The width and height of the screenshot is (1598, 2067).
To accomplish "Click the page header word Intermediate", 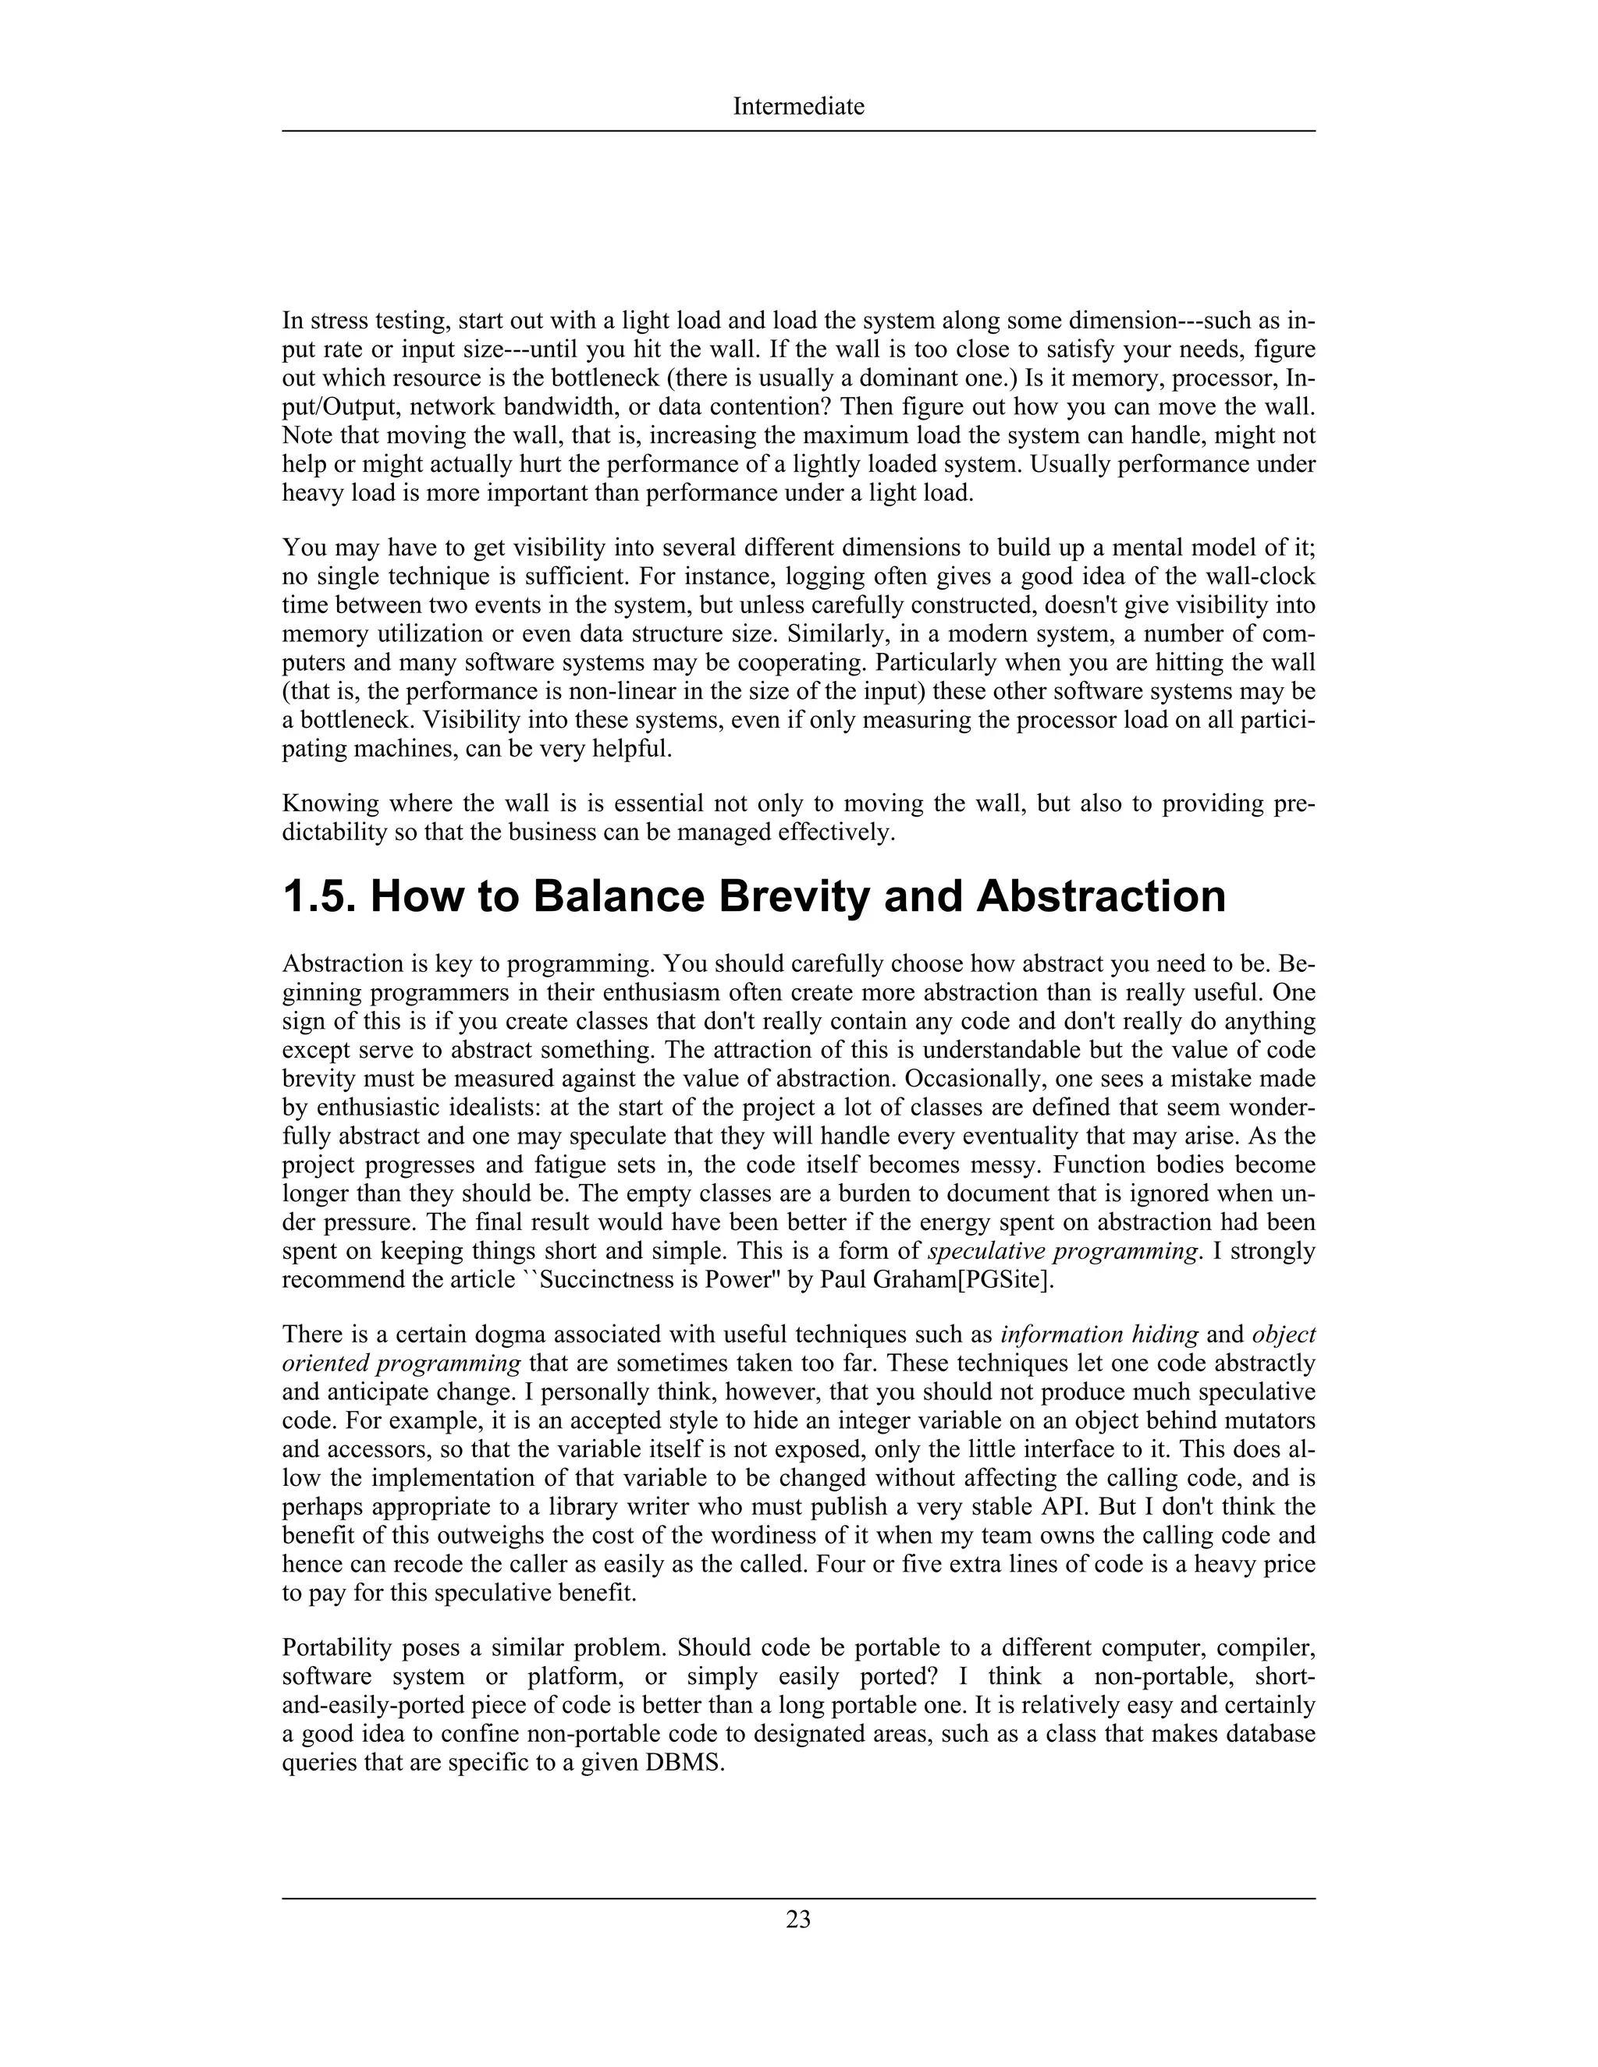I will (798, 106).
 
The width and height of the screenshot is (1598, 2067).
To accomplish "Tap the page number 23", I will (798, 1920).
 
